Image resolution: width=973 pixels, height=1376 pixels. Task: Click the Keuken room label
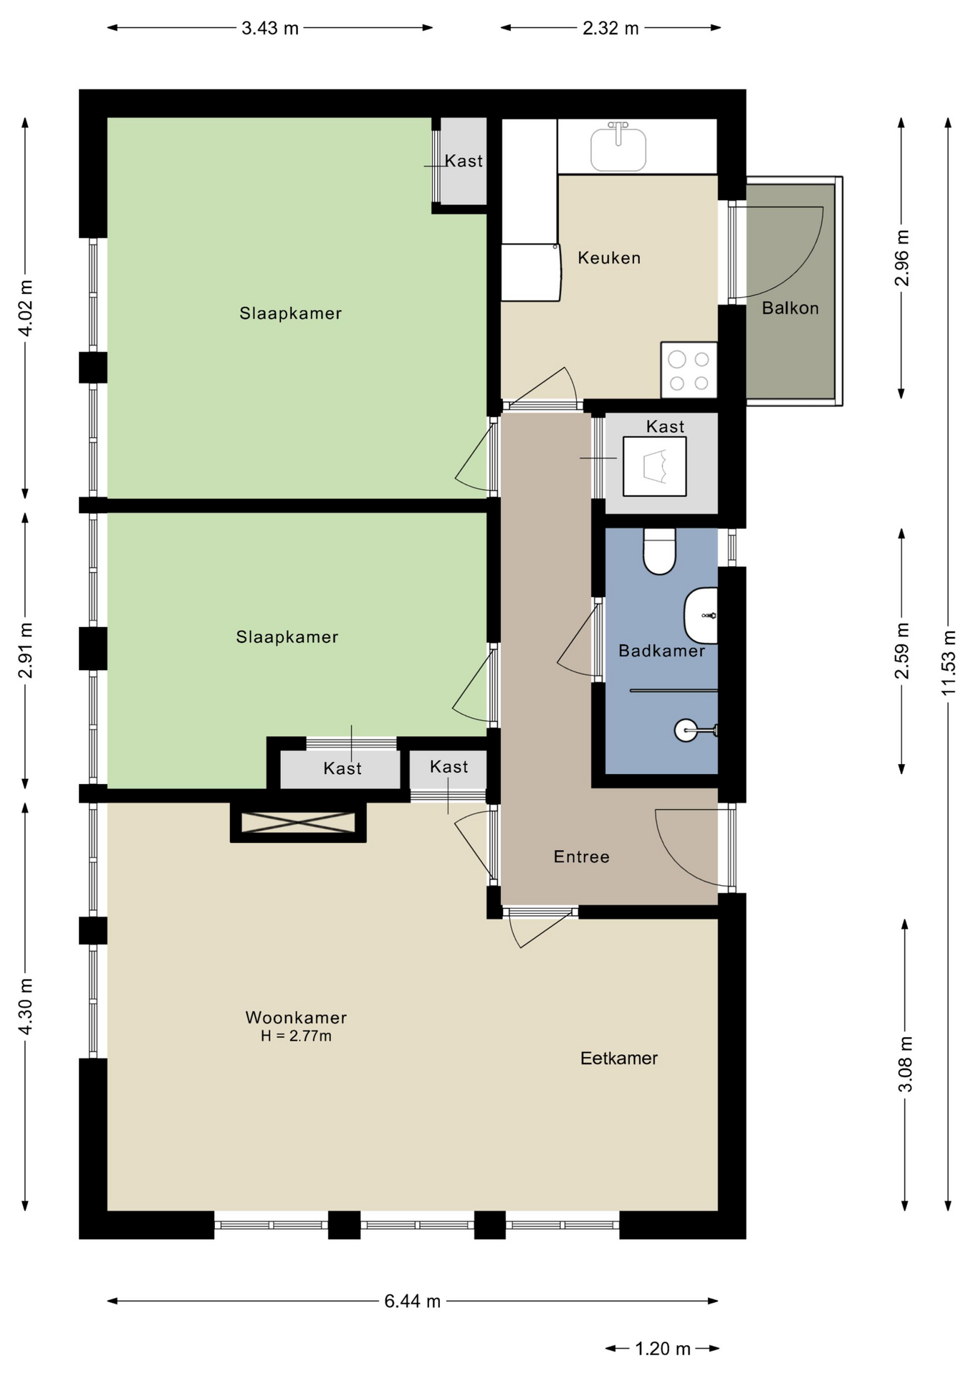[609, 258]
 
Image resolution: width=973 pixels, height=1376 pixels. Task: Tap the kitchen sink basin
[618, 148]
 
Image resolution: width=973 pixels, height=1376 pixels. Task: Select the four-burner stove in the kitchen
[689, 370]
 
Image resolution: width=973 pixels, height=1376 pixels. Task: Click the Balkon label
[790, 308]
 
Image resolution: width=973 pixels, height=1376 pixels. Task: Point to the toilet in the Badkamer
[659, 551]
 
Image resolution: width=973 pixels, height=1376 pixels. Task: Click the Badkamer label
[661, 651]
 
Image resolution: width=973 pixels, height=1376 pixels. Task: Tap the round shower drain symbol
[686, 730]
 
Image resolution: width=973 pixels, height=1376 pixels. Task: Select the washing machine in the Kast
[654, 466]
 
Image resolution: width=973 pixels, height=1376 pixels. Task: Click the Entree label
[582, 856]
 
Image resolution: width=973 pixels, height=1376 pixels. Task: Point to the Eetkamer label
[619, 1058]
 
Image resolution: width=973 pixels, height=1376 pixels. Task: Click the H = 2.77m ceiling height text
[296, 1036]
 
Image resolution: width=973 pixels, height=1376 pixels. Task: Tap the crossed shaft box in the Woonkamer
[298, 822]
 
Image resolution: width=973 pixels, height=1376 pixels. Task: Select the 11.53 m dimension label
[949, 662]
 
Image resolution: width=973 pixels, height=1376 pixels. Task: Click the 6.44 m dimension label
[412, 1301]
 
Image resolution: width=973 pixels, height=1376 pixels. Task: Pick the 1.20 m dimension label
[663, 1349]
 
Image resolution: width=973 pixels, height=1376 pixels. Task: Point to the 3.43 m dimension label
[270, 28]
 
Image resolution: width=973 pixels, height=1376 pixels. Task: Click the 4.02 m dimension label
[25, 308]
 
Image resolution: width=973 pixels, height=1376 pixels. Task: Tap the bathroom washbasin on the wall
[701, 616]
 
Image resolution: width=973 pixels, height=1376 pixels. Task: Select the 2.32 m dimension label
[610, 28]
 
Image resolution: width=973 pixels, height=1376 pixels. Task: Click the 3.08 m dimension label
[905, 1064]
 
